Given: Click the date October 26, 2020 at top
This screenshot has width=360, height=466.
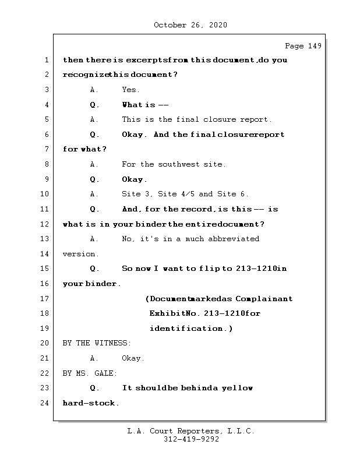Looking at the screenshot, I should pos(190,25).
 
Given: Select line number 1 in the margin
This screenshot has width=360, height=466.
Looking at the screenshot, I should pos(46,60).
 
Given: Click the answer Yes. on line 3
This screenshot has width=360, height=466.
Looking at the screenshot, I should pos(130,90).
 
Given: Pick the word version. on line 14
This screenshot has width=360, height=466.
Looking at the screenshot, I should pos(81,254).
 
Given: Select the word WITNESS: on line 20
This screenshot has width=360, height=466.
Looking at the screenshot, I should pos(112,344).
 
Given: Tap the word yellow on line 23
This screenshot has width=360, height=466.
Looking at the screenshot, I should pos(237,388).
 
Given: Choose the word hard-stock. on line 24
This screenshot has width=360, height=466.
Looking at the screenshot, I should pos(91,403).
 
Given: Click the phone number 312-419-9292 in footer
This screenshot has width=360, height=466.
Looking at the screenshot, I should pos(191,440).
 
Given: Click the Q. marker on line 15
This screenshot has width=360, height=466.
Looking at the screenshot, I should pos(94,269).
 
